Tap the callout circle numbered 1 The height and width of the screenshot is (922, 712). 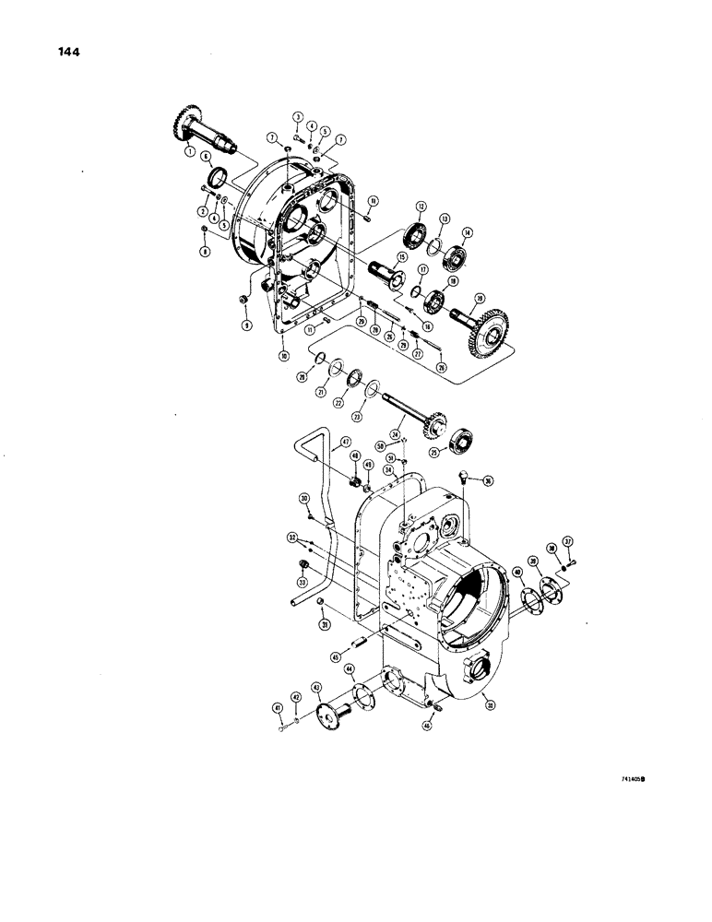tap(189, 150)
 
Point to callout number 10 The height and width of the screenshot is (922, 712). tap(284, 354)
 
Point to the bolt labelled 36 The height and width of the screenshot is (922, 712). tap(465, 477)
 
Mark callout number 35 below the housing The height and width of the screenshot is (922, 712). tap(488, 706)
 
